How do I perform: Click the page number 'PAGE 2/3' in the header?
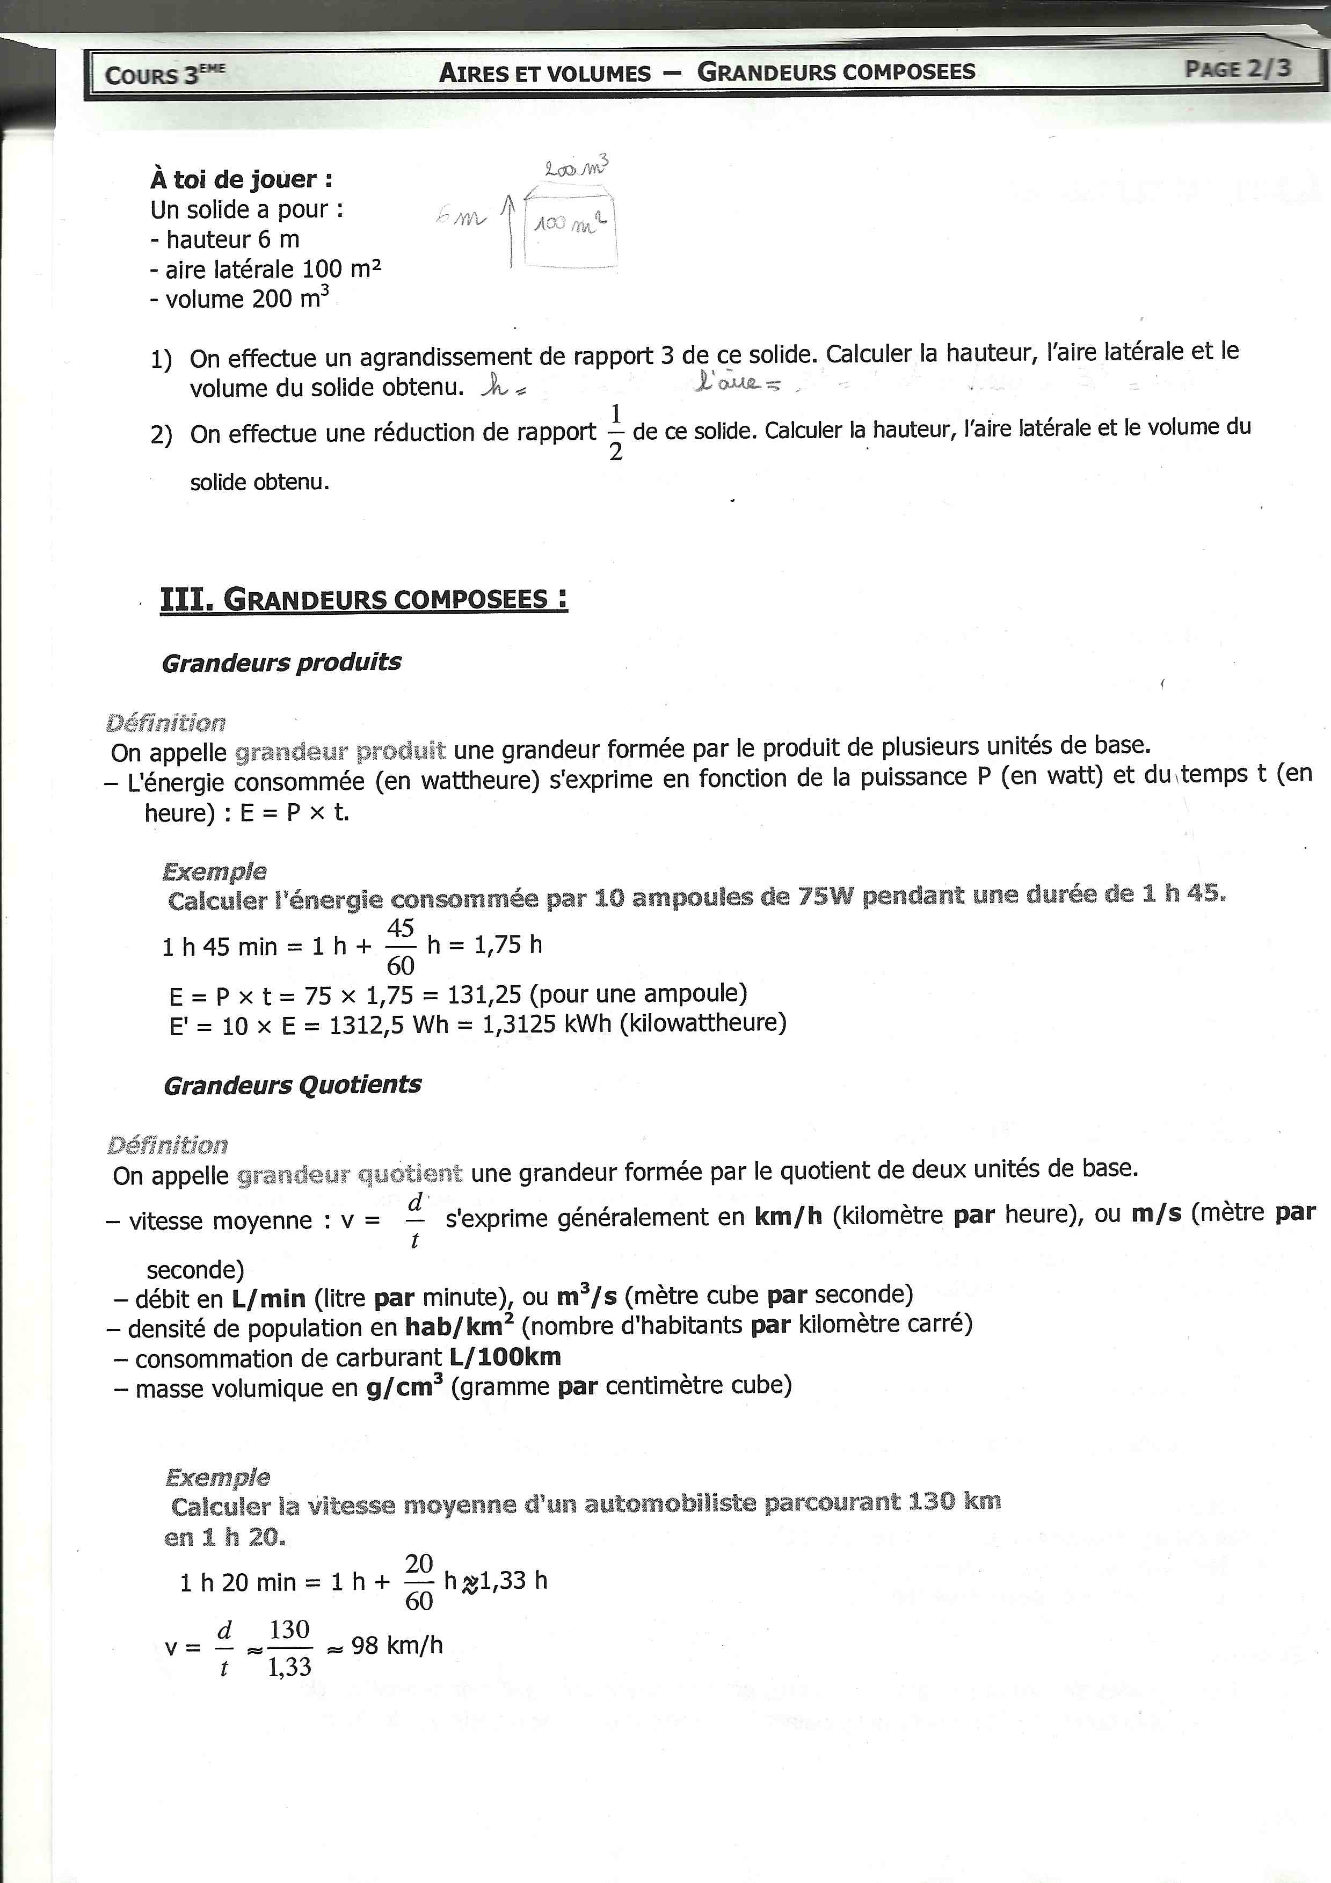coord(1237,68)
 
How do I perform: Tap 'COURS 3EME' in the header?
coord(164,75)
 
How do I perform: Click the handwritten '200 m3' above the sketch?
coord(577,168)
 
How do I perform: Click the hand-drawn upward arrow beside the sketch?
coord(510,230)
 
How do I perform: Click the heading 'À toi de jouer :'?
coord(241,179)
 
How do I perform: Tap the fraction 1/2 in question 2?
coord(615,432)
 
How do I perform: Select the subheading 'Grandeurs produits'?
coord(281,662)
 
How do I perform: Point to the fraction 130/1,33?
coord(289,1648)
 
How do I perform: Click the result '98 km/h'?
coord(397,1645)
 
